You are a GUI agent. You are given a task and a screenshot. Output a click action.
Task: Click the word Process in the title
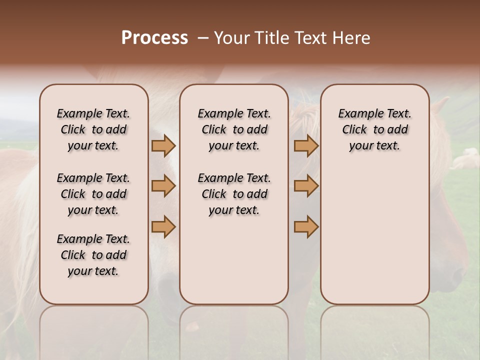(154, 38)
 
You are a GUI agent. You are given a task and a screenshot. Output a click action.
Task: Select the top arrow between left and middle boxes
(163, 145)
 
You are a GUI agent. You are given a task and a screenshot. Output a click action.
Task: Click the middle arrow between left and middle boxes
(163, 186)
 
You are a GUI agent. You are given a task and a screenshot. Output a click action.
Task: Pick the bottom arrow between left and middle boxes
(163, 226)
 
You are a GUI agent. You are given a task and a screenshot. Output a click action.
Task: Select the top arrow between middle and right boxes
(306, 145)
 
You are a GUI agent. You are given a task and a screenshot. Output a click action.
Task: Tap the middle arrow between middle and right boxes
(306, 186)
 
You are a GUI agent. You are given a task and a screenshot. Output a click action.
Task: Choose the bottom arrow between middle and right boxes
(306, 226)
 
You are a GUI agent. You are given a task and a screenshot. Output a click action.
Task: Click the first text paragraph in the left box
(93, 129)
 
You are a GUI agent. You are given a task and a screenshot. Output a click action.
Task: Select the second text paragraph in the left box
(93, 194)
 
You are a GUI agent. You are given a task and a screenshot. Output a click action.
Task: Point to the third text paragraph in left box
(93, 255)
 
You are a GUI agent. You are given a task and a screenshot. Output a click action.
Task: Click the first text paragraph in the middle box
(234, 129)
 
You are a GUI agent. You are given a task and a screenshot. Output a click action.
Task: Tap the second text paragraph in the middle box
(234, 194)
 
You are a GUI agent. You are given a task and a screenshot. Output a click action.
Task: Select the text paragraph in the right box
(375, 129)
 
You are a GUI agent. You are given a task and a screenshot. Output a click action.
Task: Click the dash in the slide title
(202, 38)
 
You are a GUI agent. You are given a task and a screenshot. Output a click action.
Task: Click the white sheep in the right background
(467, 159)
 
